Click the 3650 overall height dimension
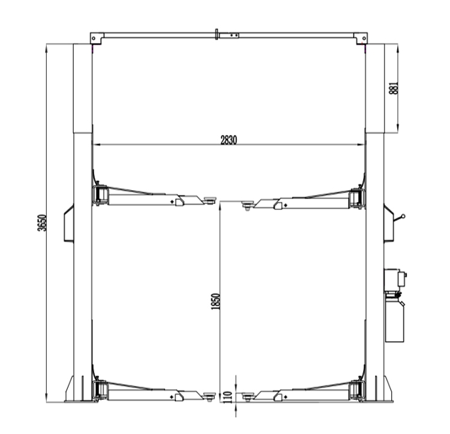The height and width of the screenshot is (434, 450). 42,222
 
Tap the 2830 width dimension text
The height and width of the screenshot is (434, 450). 229,140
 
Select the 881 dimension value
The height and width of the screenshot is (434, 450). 394,88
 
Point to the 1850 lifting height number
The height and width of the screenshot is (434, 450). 215,302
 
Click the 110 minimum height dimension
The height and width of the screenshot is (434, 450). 227,397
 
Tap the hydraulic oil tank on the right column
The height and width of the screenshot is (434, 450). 395,321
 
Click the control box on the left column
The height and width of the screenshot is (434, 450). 69,223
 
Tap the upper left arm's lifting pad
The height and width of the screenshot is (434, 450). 210,200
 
